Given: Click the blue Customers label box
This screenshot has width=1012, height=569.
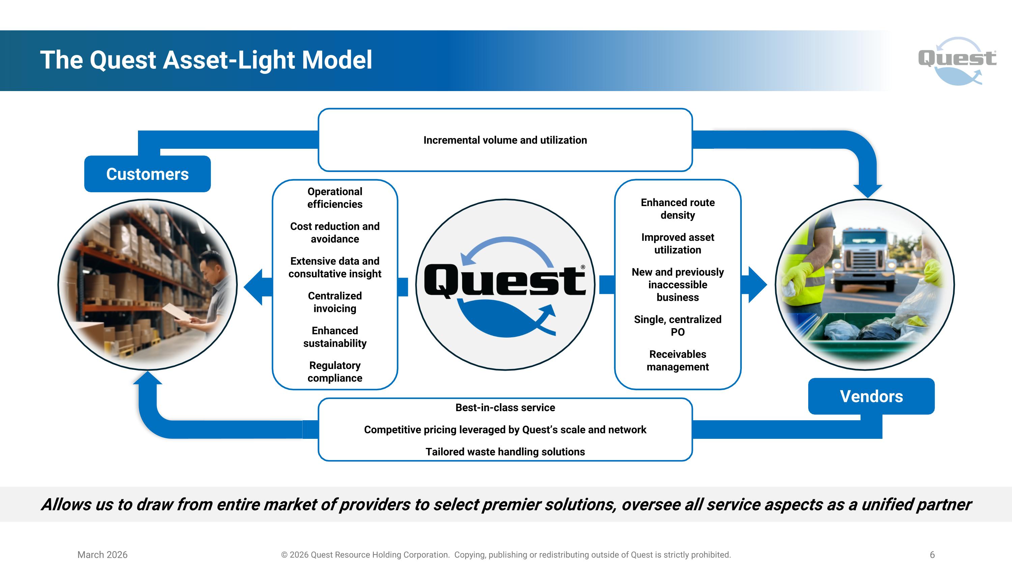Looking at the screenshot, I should (147, 174).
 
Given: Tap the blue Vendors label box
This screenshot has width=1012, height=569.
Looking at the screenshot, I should (871, 396).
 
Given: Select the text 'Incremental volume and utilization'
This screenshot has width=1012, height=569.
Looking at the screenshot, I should (505, 140).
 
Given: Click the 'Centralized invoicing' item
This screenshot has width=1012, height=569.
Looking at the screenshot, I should (335, 302).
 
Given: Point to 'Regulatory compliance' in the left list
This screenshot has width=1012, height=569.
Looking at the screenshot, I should (335, 371).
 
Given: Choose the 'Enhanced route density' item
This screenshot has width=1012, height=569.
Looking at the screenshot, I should (677, 208).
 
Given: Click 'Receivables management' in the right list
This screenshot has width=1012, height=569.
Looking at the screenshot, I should (677, 361).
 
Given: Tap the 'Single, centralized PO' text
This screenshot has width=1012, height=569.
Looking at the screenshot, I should (677, 325).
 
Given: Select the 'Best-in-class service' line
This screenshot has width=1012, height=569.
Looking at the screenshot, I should (505, 407).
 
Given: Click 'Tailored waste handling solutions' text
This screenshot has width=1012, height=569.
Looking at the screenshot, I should (505, 452).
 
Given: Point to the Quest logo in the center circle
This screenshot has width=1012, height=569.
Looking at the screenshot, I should (505, 283).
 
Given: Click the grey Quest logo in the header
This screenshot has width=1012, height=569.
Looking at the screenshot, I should (957, 60).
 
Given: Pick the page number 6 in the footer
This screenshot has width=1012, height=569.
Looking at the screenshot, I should (932, 554).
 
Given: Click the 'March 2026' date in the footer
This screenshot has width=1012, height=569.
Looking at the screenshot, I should (102, 554).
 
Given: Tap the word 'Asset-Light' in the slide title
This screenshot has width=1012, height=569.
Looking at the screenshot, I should (229, 60).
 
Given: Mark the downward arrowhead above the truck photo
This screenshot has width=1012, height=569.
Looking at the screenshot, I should (867, 191).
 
